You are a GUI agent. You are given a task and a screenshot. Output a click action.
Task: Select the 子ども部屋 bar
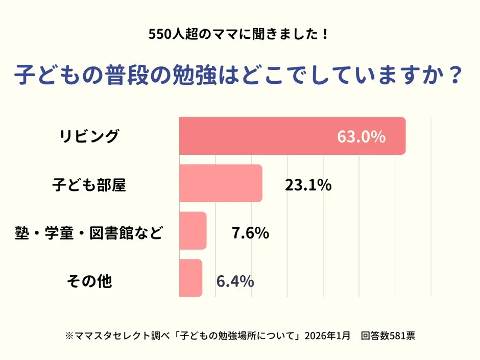pyautogui.click(x=221, y=183)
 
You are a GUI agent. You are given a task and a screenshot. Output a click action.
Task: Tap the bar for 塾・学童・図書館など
pyautogui.click(x=193, y=231)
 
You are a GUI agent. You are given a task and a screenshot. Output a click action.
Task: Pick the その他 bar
pyautogui.click(x=190, y=278)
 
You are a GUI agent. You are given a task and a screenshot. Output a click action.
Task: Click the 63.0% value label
pyautogui.click(x=361, y=137)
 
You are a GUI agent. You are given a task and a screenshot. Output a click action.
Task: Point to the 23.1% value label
pyautogui.click(x=308, y=185)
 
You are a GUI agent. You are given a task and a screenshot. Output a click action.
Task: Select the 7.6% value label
pyautogui.click(x=250, y=233)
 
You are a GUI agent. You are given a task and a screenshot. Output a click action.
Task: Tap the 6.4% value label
pyautogui.click(x=235, y=280)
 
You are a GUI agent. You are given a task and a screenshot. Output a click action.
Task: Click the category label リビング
pyautogui.click(x=89, y=136)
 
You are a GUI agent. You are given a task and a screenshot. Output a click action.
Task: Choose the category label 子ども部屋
pyautogui.click(x=89, y=184)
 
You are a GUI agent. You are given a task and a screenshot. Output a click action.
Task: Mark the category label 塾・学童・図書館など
pyautogui.click(x=89, y=233)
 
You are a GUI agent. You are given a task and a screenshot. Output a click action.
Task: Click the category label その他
pyautogui.click(x=89, y=280)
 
